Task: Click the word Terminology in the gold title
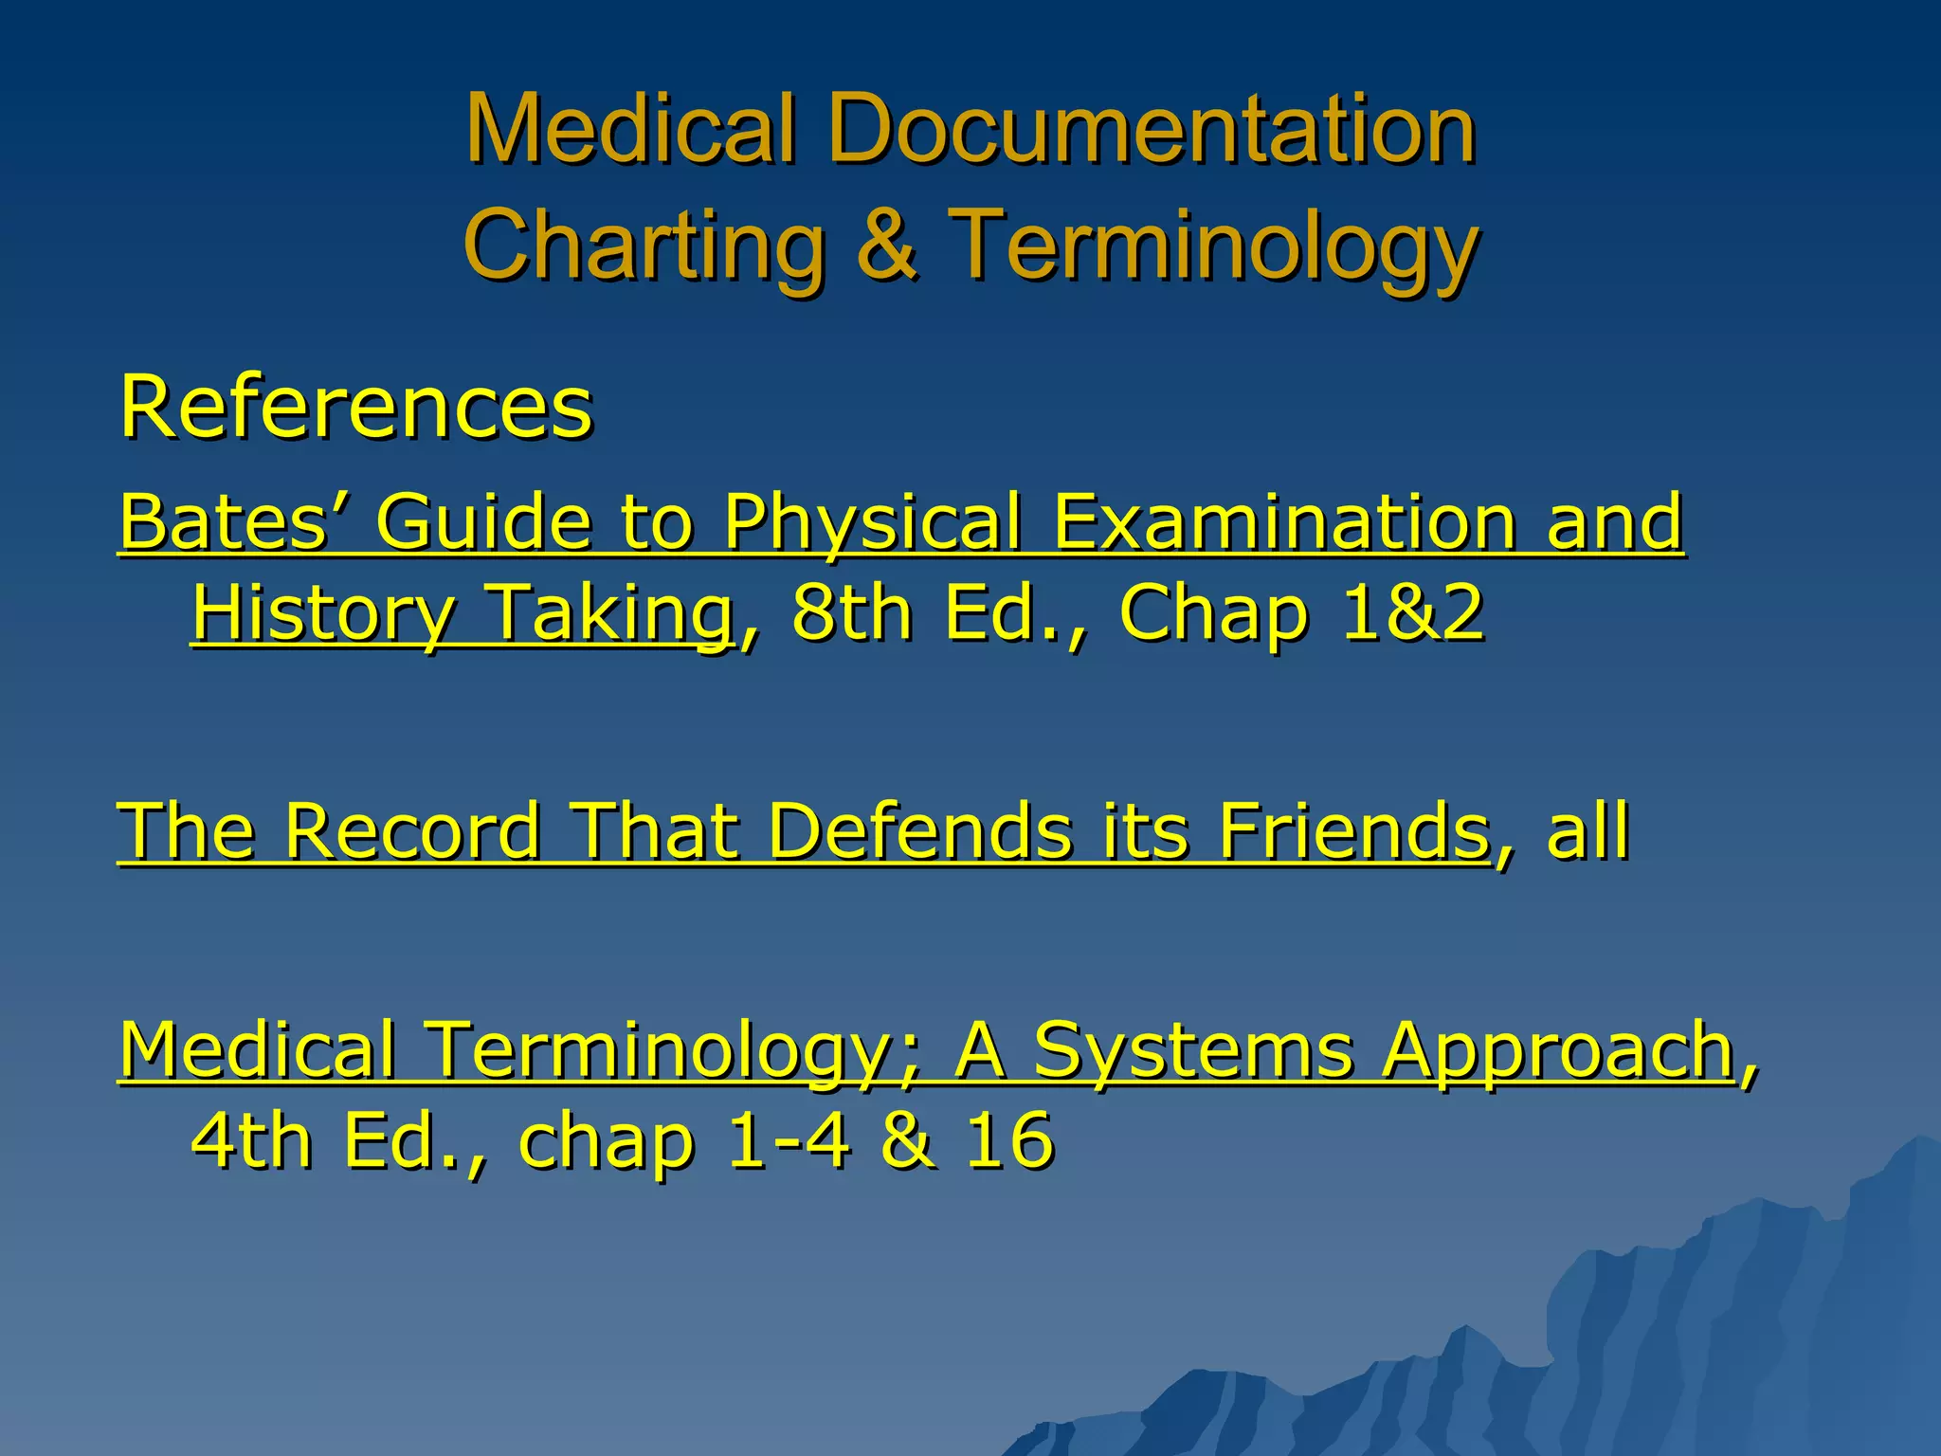1213,246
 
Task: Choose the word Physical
872,523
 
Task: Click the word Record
412,831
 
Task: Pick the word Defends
919,831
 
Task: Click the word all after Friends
1587,831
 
